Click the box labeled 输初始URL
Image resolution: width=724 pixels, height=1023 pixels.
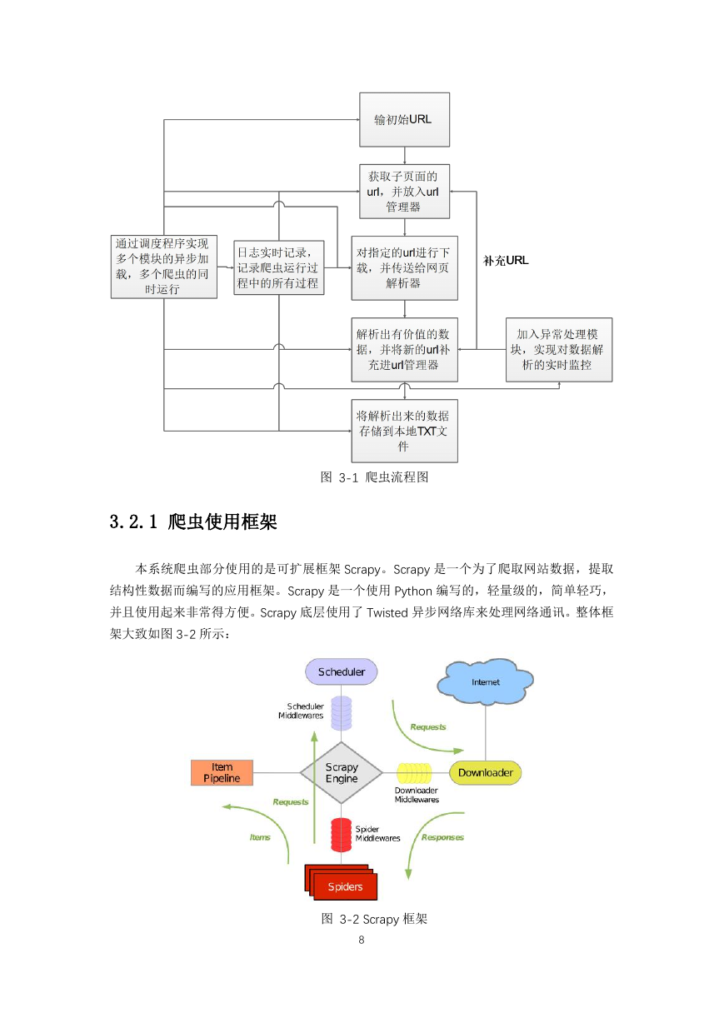pyautogui.click(x=404, y=120)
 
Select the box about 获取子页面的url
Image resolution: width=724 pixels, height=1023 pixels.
pyautogui.click(x=404, y=192)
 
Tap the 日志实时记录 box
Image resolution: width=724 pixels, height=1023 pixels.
pyautogui.click(x=278, y=267)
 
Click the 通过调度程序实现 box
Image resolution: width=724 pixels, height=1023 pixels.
pyautogui.click(x=163, y=267)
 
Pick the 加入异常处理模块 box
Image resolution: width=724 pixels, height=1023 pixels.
pyautogui.click(x=559, y=350)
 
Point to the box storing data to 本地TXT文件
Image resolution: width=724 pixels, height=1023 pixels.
pyautogui.click(x=404, y=432)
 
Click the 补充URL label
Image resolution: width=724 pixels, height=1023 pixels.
pyautogui.click(x=506, y=261)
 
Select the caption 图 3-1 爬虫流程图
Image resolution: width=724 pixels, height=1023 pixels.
pyautogui.click(x=374, y=477)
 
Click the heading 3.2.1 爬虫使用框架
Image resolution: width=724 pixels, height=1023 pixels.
pyautogui.click(x=193, y=522)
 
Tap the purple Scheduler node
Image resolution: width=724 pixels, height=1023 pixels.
pyautogui.click(x=342, y=671)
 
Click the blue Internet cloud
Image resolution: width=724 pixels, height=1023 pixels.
pyautogui.click(x=485, y=681)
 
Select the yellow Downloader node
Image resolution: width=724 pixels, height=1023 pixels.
pyautogui.click(x=485, y=773)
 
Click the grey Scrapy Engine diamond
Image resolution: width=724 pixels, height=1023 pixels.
pyautogui.click(x=342, y=773)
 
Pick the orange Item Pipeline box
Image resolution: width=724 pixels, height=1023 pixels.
pyautogui.click(x=222, y=773)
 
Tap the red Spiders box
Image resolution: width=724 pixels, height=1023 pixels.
pyautogui.click(x=342, y=882)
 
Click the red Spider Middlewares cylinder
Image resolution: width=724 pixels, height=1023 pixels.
pyautogui.click(x=342, y=835)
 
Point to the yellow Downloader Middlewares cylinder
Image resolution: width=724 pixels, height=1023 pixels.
pyautogui.click(x=414, y=773)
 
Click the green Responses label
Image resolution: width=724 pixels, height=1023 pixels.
pyautogui.click(x=442, y=837)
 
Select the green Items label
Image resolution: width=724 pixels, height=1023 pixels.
pyautogui.click(x=260, y=837)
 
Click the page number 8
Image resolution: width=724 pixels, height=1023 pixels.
pyautogui.click(x=362, y=940)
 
